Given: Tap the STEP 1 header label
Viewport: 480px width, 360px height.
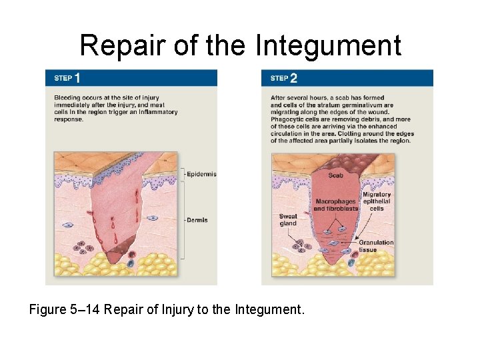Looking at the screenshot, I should [67, 78].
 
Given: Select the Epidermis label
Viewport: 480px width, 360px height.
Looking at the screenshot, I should [201, 174].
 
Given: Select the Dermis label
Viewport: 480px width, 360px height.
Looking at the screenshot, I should [197, 220].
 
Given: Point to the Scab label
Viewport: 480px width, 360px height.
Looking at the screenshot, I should [336, 175].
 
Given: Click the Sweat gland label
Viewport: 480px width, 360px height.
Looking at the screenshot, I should [288, 220].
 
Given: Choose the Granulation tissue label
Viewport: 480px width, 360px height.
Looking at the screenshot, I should [377, 246].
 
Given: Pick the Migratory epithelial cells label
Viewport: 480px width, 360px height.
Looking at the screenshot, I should [377, 201].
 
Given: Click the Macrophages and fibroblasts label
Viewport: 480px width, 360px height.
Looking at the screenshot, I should [335, 205].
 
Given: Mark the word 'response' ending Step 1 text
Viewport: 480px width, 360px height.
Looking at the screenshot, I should [69, 119].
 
